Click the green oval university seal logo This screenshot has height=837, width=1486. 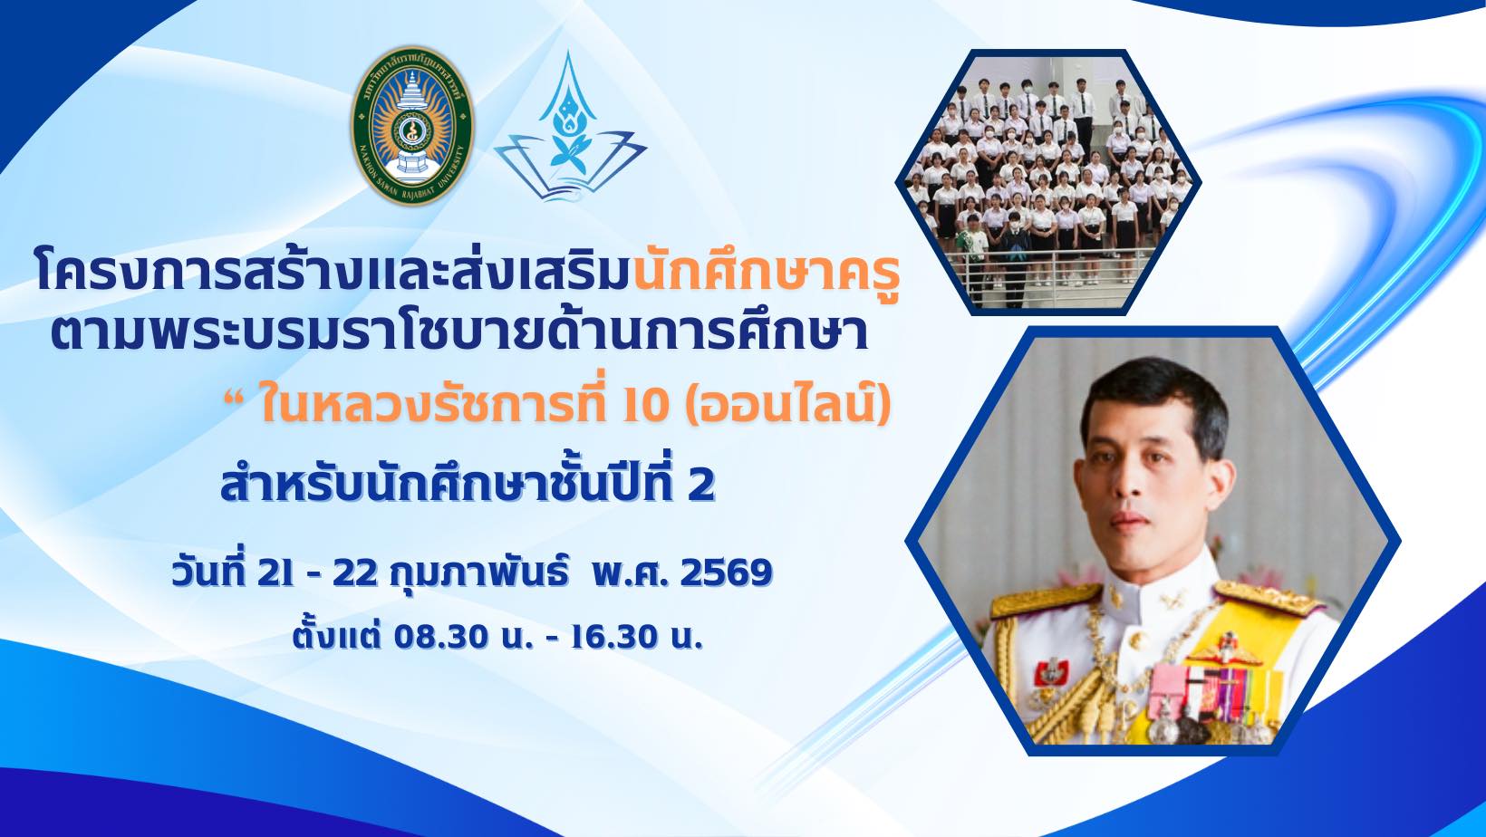412,125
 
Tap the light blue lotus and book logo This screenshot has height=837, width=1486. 570,127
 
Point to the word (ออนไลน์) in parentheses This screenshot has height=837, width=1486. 787,407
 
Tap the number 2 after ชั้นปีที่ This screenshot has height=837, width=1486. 701,485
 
